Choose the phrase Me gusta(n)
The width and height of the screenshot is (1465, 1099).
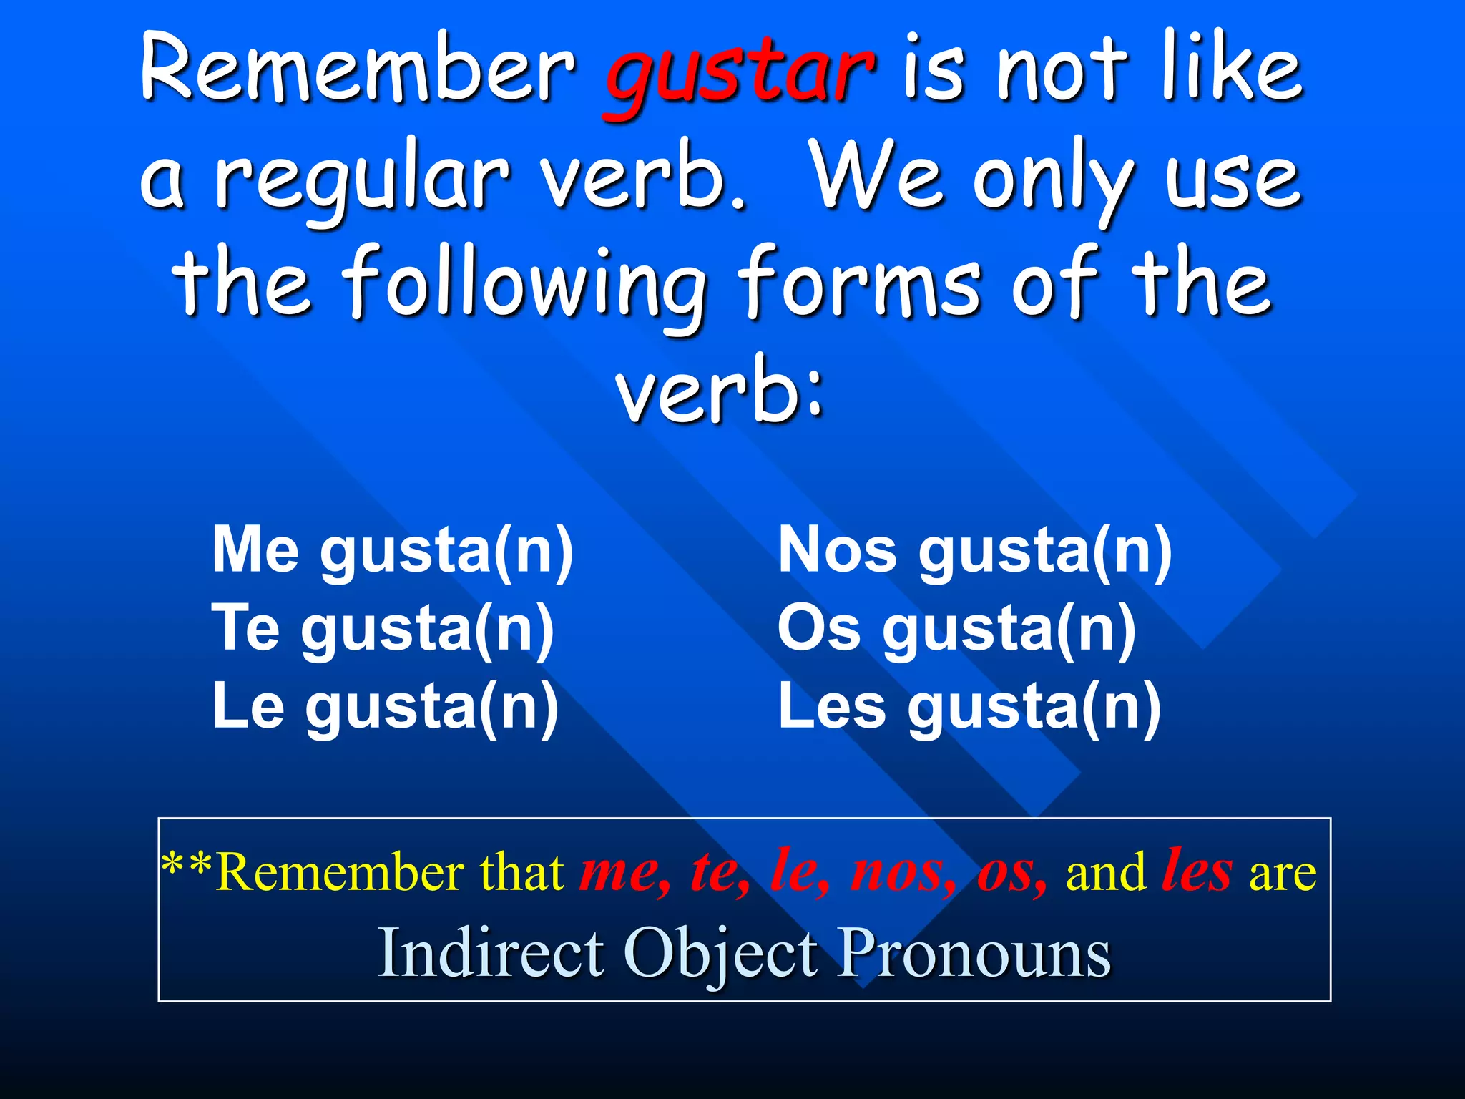click(393, 552)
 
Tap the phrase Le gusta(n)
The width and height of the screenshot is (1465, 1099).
click(386, 708)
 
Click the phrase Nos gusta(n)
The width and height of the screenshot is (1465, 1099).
click(975, 552)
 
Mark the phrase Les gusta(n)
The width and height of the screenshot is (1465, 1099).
click(969, 708)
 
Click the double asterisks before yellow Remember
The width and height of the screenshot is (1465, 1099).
click(186, 867)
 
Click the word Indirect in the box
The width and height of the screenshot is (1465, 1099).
click(491, 953)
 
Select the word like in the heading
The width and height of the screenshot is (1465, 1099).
click(1231, 68)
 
